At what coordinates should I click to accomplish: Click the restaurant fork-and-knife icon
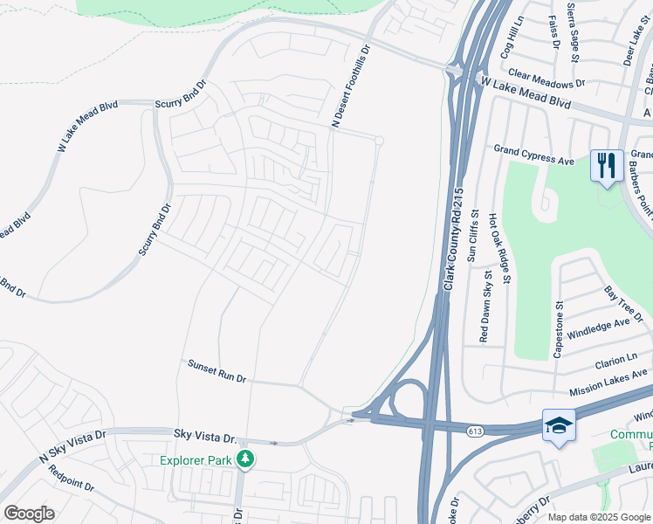click(x=606, y=165)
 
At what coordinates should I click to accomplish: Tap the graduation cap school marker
click(x=558, y=425)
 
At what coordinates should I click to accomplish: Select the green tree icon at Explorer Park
click(x=246, y=458)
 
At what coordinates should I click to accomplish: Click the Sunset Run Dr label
click(x=217, y=372)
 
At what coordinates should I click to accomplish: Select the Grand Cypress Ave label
click(x=533, y=155)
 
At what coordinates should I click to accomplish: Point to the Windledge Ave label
click(x=598, y=329)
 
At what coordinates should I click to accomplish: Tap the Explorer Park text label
click(x=197, y=459)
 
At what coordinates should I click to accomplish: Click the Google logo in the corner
click(x=29, y=514)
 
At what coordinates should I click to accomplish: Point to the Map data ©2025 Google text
click(x=598, y=517)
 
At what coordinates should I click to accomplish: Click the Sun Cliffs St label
click(x=474, y=236)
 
